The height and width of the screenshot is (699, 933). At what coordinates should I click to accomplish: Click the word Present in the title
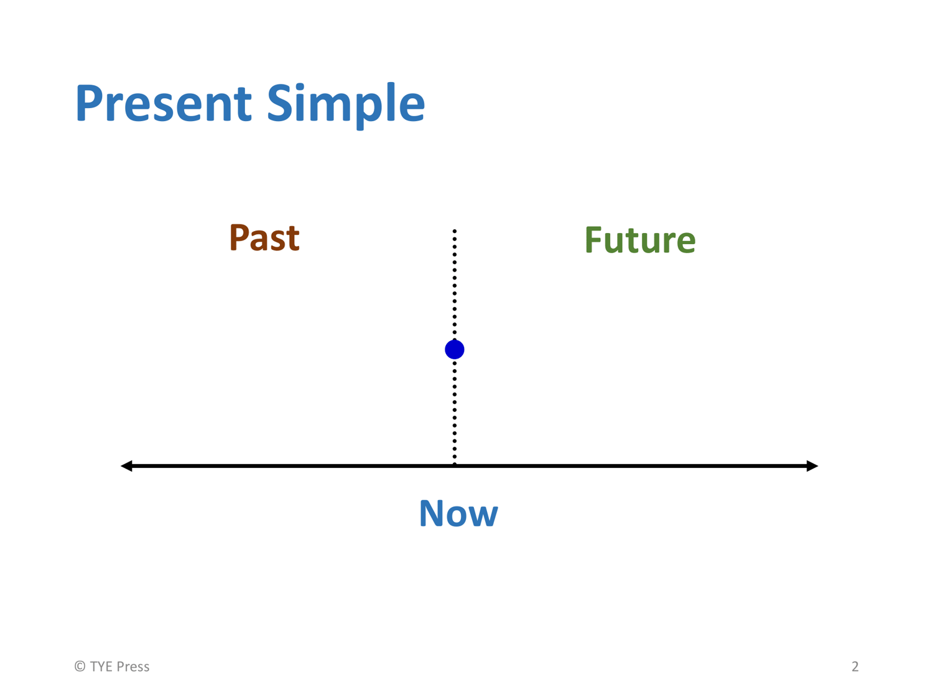point(164,103)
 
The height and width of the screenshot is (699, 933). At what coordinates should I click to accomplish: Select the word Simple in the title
point(346,105)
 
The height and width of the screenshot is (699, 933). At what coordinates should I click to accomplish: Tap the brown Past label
point(264,238)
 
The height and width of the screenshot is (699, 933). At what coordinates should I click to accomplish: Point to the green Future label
point(639,240)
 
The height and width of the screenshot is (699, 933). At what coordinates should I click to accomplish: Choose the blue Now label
point(458,514)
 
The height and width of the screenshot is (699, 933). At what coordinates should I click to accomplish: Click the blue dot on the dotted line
point(455,349)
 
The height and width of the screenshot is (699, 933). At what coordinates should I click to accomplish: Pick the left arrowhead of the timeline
point(127,466)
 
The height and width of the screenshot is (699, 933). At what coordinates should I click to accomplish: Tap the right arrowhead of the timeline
point(812,466)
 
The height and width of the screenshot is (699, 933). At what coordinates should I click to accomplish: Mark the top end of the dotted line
point(455,231)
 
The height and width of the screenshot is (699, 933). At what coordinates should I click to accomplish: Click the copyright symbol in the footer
point(80,666)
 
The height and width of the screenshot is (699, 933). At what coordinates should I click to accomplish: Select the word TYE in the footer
point(101,666)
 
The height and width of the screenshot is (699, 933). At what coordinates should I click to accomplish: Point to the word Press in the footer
point(133,666)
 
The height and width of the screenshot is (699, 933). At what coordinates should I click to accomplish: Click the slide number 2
point(855,666)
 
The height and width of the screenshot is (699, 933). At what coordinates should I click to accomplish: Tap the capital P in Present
point(90,103)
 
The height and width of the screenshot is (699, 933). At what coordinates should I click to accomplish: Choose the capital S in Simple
point(280,103)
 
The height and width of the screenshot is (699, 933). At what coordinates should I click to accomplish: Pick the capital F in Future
point(594,240)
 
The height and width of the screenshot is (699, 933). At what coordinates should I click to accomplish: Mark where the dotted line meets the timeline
point(455,466)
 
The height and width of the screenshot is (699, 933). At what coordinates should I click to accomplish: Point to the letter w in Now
point(483,517)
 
